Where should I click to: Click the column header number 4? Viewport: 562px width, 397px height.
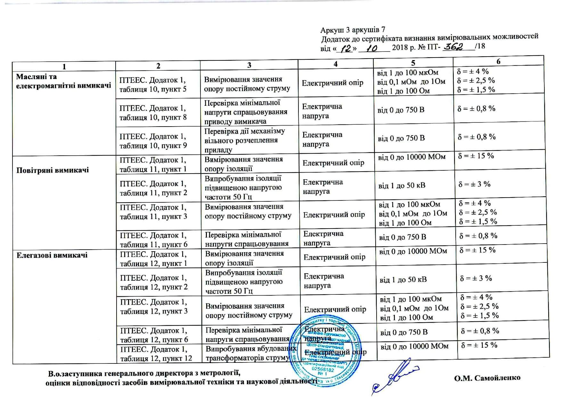[x=335, y=64]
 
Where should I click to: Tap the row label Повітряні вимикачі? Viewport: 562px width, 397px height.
[x=53, y=170]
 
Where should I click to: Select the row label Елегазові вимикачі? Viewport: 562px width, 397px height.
[x=52, y=255]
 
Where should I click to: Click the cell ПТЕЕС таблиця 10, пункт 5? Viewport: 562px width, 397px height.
[x=153, y=85]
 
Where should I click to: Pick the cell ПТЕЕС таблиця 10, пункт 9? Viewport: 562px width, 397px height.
[x=153, y=141]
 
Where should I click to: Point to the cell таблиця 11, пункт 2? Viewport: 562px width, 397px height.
[x=153, y=188]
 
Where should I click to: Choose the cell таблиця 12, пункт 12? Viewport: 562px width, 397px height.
[x=156, y=354]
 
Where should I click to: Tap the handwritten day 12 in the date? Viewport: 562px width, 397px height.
[x=346, y=49]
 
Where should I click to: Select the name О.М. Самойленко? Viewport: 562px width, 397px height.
[x=487, y=378]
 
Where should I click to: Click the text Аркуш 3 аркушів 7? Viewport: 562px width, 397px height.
[x=353, y=30]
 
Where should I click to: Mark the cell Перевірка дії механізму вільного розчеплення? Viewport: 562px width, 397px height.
[x=245, y=140]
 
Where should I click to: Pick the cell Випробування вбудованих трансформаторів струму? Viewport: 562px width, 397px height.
[x=250, y=353]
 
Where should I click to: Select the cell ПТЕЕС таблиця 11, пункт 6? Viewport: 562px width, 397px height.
[x=153, y=240]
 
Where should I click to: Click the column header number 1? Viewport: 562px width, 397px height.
[x=64, y=66]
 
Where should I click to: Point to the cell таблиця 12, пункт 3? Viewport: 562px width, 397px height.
[x=154, y=307]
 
